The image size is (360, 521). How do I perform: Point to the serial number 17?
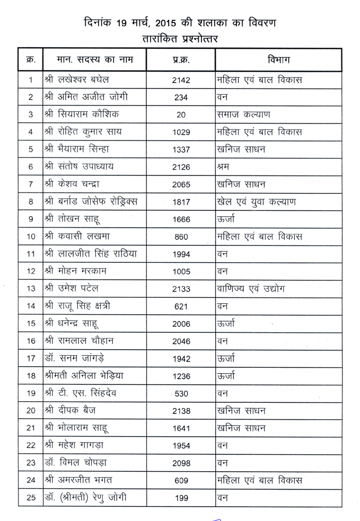tap(31, 358)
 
